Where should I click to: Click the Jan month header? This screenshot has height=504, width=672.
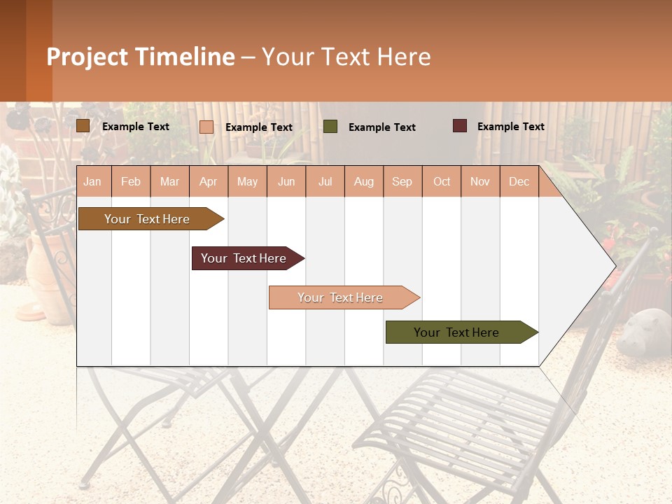tap(93, 181)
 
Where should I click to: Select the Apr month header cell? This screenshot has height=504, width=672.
tap(209, 181)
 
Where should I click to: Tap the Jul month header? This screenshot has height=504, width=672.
tap(325, 181)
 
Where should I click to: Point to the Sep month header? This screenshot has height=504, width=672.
tap(402, 181)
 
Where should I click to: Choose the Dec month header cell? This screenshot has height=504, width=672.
tap(519, 181)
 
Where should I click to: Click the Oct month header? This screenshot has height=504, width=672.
tap(442, 181)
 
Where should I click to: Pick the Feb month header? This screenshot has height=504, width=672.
tap(131, 181)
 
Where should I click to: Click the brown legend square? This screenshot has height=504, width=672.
tap(83, 126)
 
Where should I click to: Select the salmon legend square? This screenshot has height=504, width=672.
tap(206, 127)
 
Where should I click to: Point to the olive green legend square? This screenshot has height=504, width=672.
tap(330, 126)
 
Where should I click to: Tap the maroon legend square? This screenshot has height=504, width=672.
tap(460, 126)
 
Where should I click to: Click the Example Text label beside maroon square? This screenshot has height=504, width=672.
tap(510, 127)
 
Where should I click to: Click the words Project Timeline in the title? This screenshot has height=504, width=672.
tap(141, 57)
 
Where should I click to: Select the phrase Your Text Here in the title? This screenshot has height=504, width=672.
tap(346, 57)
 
